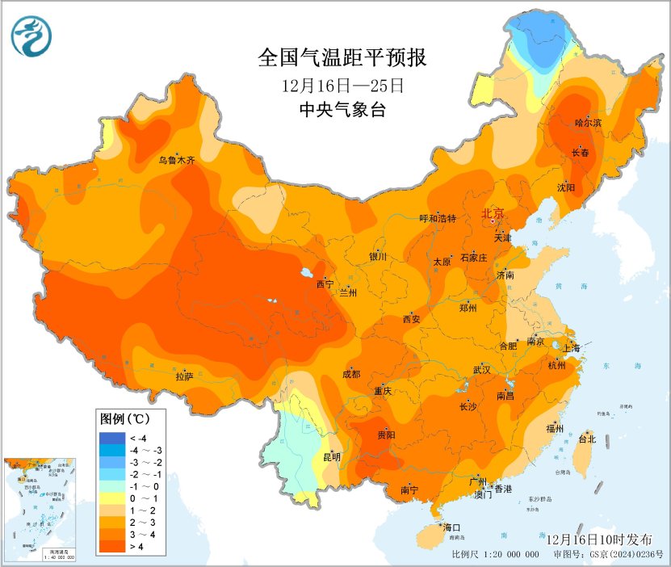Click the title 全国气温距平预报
(342, 58)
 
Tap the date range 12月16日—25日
(342, 85)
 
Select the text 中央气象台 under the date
(342, 109)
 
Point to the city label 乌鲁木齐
(177, 161)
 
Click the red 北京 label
(493, 213)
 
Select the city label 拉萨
(184, 376)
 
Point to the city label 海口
(451, 527)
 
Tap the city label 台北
(587, 439)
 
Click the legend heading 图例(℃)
(123, 419)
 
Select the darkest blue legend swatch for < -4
(111, 439)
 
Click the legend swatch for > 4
(111, 548)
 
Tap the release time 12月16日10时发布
(598, 538)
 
